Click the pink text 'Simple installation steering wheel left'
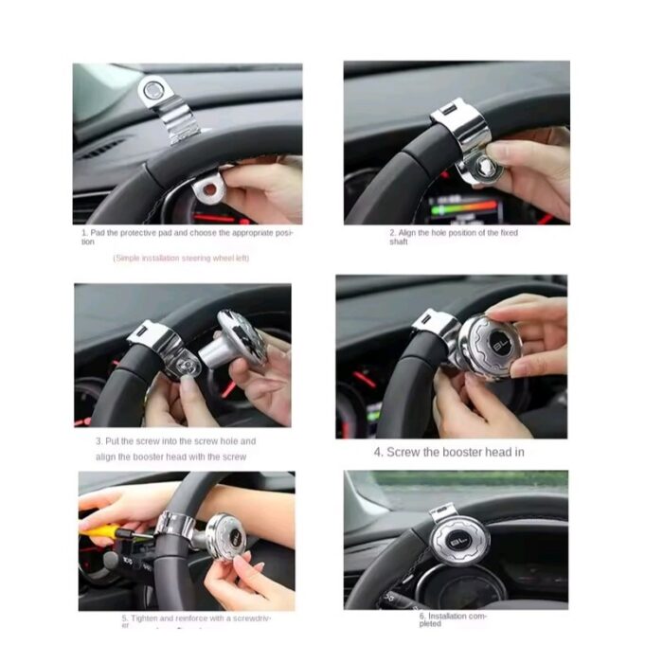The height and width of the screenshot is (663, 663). pyautogui.click(x=181, y=258)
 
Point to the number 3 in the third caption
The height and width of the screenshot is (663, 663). pyautogui.click(x=99, y=441)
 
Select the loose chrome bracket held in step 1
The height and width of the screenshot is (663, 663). pyautogui.click(x=210, y=188)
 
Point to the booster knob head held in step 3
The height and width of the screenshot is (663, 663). pyautogui.click(x=242, y=338)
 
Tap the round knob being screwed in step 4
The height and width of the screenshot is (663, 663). pyautogui.click(x=485, y=346)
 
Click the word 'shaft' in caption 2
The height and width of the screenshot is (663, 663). pyautogui.click(x=399, y=242)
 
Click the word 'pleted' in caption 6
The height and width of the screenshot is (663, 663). pyautogui.click(x=430, y=624)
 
